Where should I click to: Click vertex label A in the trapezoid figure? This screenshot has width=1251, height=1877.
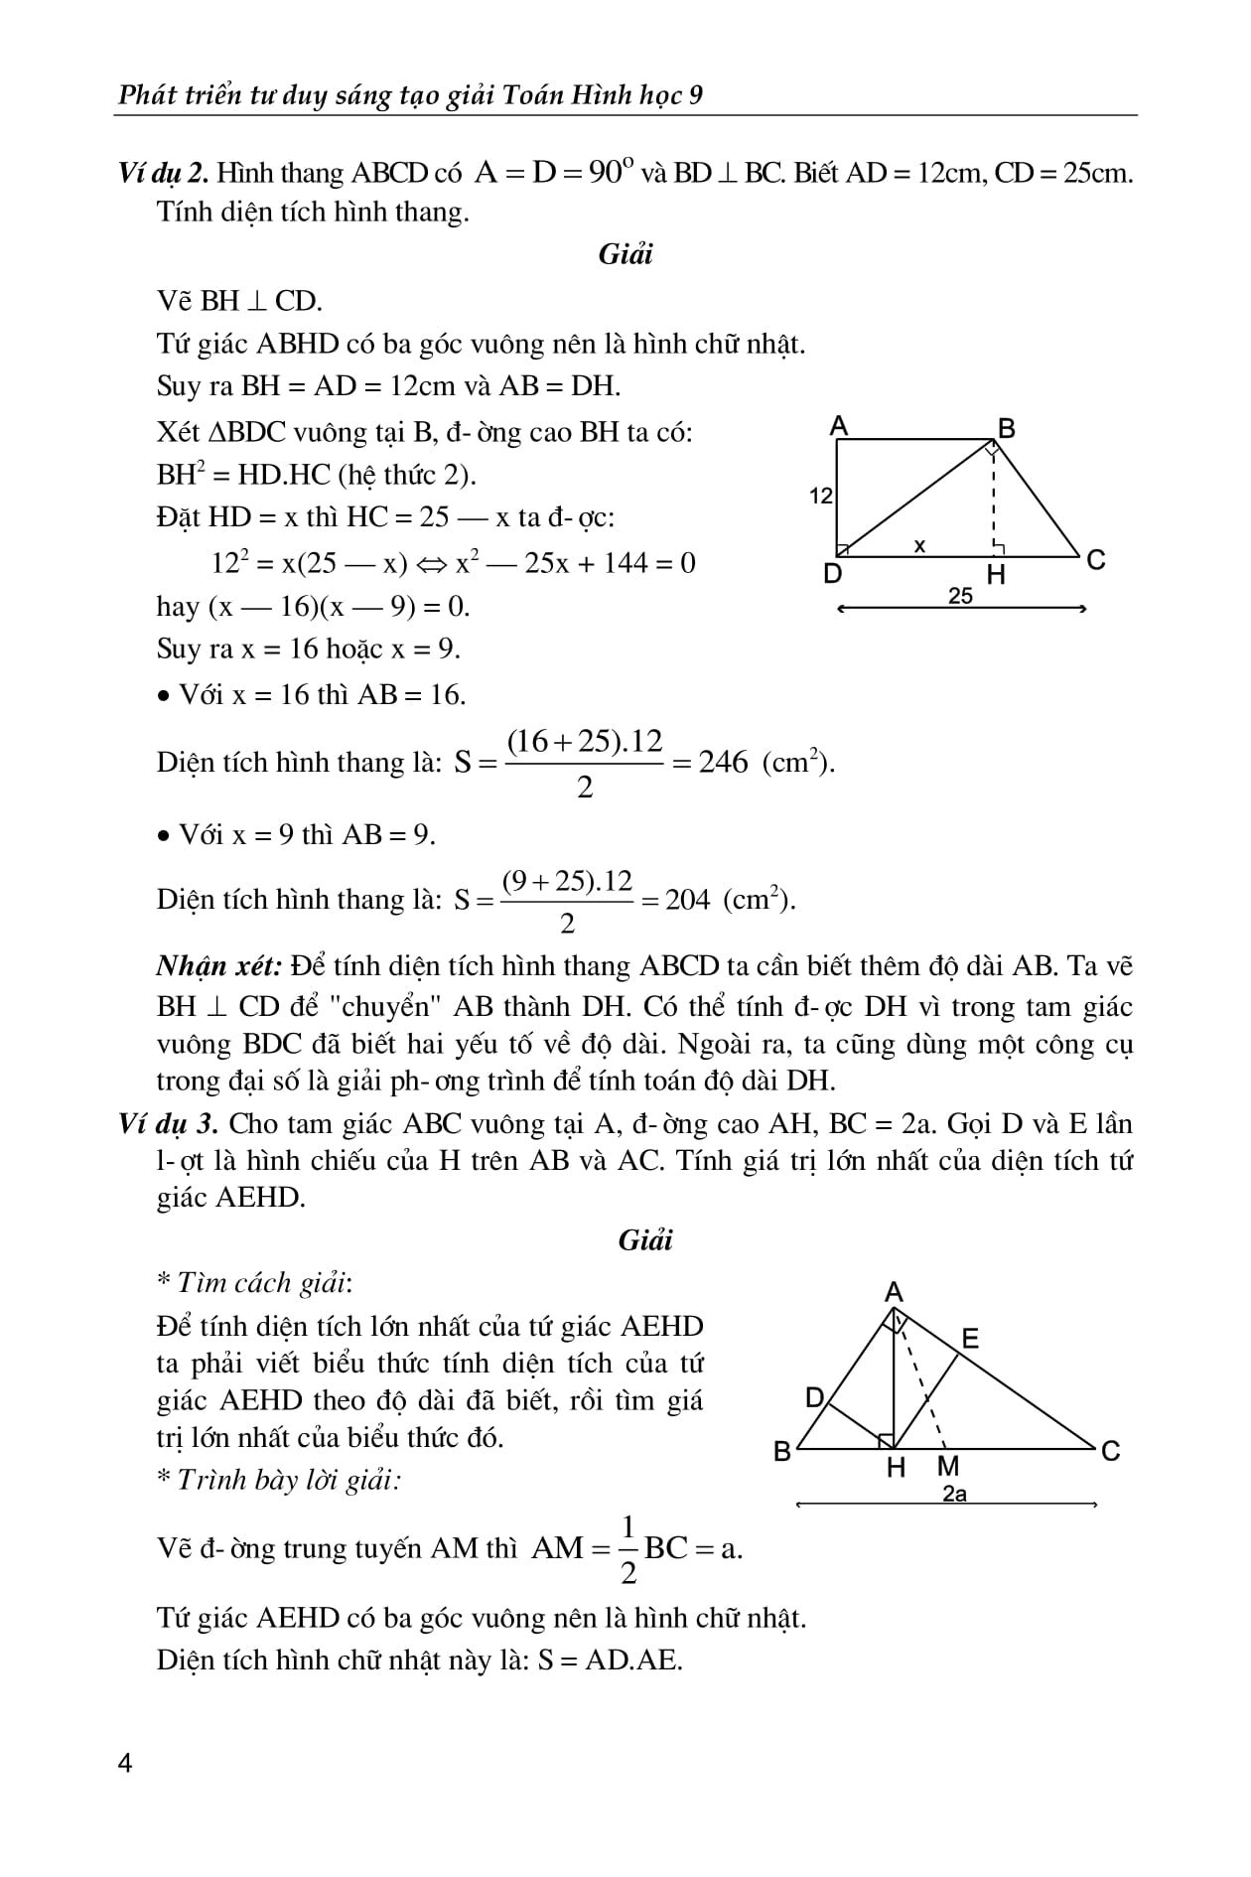(839, 427)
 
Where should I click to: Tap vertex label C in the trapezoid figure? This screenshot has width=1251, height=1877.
(1096, 561)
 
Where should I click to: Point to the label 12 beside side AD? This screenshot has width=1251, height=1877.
(821, 496)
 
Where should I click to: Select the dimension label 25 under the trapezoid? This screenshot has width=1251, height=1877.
(960, 595)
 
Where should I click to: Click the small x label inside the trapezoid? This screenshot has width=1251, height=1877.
(919, 545)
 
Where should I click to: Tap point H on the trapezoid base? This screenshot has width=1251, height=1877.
(996, 575)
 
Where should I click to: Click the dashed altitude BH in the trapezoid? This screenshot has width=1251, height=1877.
(994, 502)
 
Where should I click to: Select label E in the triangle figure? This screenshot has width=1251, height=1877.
(970, 1339)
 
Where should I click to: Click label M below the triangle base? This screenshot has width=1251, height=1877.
(948, 1467)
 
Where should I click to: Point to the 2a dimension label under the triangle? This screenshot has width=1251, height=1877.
(954, 1494)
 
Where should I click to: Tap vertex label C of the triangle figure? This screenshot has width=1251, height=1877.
(1110, 1451)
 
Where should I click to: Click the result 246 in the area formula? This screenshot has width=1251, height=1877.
(723, 763)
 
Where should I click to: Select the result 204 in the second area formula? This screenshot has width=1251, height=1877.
(687, 900)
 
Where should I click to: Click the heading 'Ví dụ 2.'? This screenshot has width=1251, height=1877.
(163, 173)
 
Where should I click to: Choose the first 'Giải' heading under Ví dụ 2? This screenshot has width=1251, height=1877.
(625, 254)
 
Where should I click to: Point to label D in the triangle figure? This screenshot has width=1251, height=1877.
(814, 1398)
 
